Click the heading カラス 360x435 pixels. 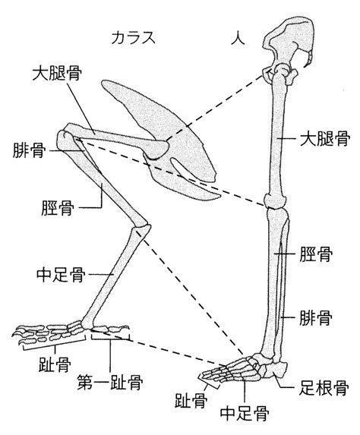(x=133, y=38)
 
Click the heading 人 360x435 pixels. (x=238, y=38)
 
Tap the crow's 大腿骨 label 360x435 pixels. (x=57, y=73)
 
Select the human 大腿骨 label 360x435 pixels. (x=325, y=138)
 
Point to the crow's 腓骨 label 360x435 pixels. (x=29, y=150)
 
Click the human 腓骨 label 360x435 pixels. (x=316, y=317)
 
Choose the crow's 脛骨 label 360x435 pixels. (x=58, y=208)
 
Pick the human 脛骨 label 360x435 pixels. (x=316, y=254)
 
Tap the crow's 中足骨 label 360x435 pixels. (x=61, y=275)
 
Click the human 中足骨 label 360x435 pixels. (x=245, y=414)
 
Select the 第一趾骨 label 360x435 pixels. (x=110, y=382)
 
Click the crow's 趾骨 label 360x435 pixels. (x=55, y=364)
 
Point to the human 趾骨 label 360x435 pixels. (x=191, y=400)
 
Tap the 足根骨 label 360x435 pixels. (x=324, y=388)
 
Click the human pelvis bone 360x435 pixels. (x=289, y=42)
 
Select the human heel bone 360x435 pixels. (x=277, y=370)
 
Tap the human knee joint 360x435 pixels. (x=275, y=201)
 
